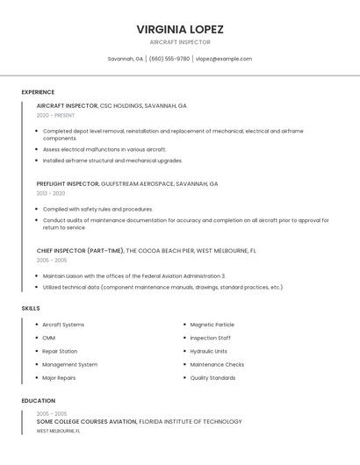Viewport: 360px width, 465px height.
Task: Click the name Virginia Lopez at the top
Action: click(180, 28)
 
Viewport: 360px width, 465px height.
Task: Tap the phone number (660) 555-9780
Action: click(169, 59)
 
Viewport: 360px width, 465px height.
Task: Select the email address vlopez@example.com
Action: click(224, 59)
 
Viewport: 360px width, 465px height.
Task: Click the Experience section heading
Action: click(38, 92)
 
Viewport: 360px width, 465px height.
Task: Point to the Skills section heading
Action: click(31, 308)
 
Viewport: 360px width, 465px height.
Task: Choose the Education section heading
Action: click(38, 401)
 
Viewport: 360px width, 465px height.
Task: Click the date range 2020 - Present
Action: click(55, 115)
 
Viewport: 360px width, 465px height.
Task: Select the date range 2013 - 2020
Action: click(51, 193)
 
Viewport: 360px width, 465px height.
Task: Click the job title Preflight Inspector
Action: click(68, 184)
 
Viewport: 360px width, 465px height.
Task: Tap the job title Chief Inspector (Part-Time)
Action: click(80, 251)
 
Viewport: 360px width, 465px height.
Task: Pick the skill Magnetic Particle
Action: click(212, 325)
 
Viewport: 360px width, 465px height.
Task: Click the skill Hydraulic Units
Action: click(209, 351)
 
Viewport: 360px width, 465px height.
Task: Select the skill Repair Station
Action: click(60, 351)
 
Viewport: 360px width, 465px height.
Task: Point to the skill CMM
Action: click(48, 338)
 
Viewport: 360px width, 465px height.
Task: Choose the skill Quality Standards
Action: click(212, 378)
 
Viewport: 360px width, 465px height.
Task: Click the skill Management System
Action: click(69, 365)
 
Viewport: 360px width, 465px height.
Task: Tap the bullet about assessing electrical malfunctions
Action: click(104, 150)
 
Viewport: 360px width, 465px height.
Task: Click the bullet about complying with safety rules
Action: click(97, 210)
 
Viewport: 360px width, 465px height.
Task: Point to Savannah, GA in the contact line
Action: click(126, 59)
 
